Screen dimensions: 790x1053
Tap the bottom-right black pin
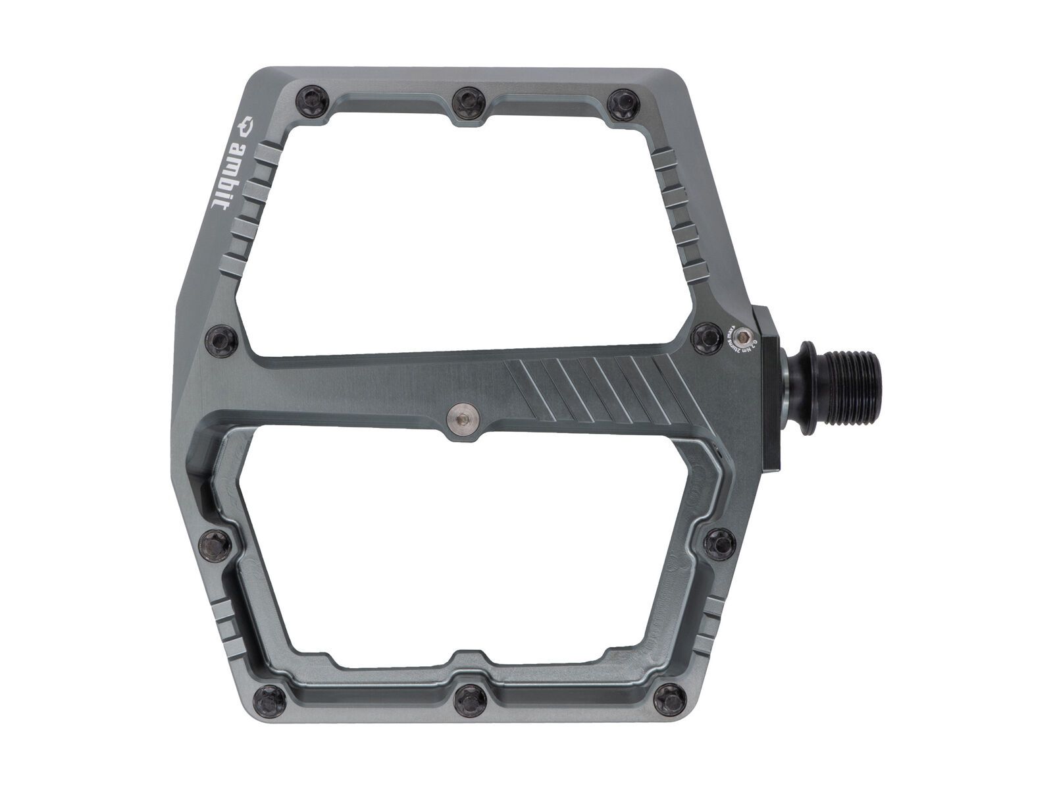[x=669, y=693]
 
